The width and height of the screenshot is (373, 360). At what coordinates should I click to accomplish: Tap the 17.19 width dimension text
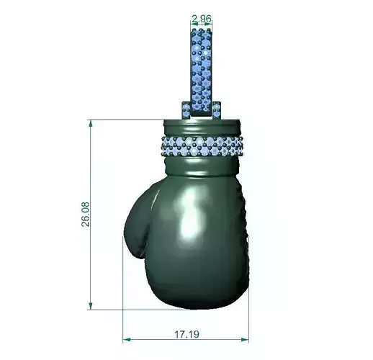pyautogui.click(x=186, y=334)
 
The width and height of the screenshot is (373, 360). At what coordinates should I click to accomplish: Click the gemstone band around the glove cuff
pyautogui.click(x=204, y=145)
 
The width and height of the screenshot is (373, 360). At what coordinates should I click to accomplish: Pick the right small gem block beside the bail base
pyautogui.click(x=216, y=109)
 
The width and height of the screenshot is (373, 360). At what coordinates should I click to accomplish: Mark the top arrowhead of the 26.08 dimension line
pyautogui.click(x=91, y=124)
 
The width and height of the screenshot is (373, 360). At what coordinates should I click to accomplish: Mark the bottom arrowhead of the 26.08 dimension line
pyautogui.click(x=91, y=305)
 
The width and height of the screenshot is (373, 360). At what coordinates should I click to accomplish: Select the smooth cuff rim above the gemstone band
pyautogui.click(x=204, y=127)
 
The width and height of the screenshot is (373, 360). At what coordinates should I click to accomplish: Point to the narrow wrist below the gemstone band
pyautogui.click(x=204, y=167)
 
